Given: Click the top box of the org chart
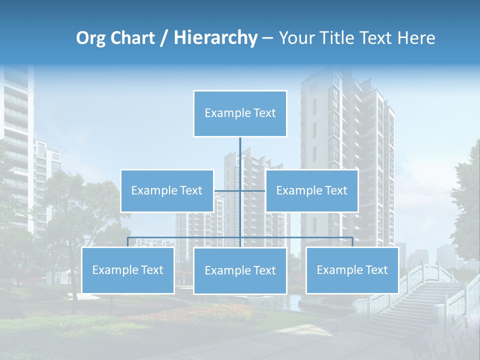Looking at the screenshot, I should tap(240, 113).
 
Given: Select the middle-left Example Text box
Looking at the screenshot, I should tap(167, 190).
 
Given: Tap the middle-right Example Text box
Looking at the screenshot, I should tap(311, 190).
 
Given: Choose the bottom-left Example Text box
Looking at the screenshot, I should tap(128, 270).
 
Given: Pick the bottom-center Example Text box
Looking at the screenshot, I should tap(240, 270).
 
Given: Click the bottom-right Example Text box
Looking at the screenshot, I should tap(352, 270).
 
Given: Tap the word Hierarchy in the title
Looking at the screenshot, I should tap(215, 38).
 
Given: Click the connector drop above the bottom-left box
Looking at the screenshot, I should tap(128, 242).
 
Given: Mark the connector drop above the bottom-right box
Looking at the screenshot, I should tap(352, 242).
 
